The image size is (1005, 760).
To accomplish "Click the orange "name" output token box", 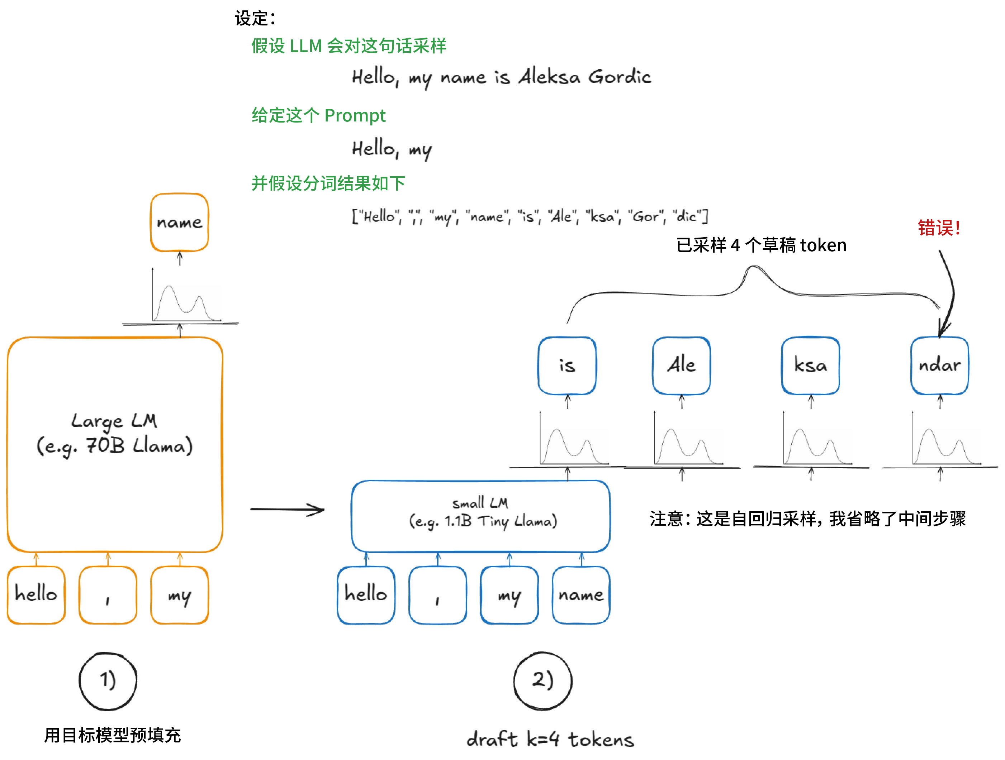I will coord(180,223).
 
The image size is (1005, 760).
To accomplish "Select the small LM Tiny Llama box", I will coord(481,516).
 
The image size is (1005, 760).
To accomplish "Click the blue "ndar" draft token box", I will coord(940,365).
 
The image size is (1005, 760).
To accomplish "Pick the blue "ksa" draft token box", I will coord(811,365).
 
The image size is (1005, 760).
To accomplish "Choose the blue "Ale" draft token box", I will coord(682,365).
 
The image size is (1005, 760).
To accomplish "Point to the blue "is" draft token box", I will coord(567,365).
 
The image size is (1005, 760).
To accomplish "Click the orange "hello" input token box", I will coord(36,595).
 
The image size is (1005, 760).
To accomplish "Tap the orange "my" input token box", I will coord(180,595).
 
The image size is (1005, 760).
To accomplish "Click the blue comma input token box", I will coord(437,595).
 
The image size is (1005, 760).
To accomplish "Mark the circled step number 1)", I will coord(108,681).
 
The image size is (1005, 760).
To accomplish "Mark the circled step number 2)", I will coord(542,681).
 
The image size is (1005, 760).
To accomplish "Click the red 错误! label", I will coord(939,228).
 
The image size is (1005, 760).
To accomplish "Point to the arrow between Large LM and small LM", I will coord(287,510).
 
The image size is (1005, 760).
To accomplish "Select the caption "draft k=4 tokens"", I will coord(550,739).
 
